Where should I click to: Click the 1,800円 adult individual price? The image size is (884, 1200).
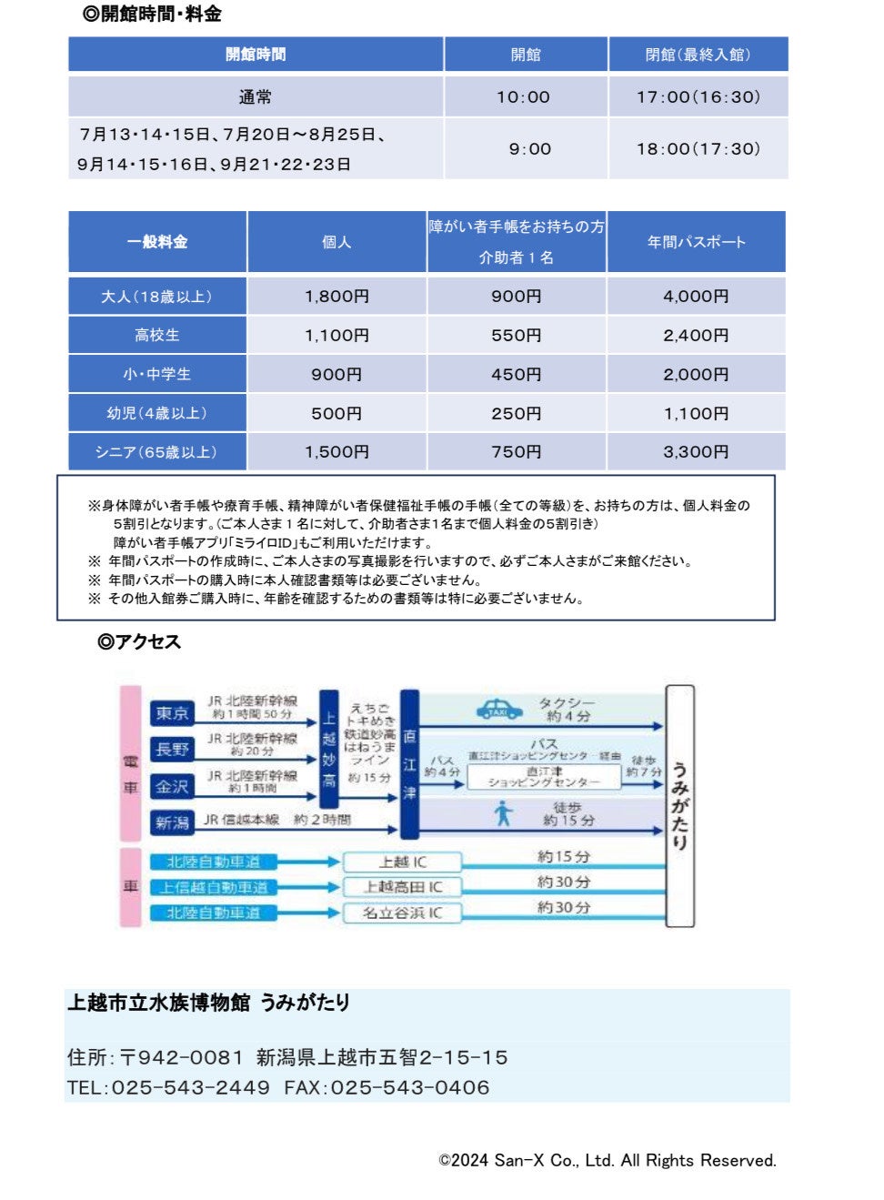(x=337, y=297)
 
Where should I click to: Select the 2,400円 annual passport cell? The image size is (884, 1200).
(x=696, y=336)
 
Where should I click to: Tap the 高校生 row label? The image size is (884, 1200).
(x=157, y=336)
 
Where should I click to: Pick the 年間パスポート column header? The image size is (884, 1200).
(x=696, y=242)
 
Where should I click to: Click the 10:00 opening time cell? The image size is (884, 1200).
(x=523, y=97)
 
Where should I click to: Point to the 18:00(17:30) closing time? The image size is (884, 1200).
(x=698, y=149)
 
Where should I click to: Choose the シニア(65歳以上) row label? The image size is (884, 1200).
(x=157, y=452)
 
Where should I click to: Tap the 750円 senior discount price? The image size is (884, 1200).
(x=516, y=452)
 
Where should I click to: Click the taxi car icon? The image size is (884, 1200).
(x=499, y=709)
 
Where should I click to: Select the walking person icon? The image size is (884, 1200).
(x=504, y=813)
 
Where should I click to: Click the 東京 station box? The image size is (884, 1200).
(x=172, y=713)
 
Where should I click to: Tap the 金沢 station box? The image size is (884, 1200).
(x=172, y=787)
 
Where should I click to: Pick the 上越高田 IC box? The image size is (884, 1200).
(x=402, y=887)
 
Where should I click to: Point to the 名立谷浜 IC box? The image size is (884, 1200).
(x=402, y=913)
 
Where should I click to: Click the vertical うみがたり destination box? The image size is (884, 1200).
(x=680, y=806)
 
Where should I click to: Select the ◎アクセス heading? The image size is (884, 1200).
(x=139, y=642)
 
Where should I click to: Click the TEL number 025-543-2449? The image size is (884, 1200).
(x=190, y=1088)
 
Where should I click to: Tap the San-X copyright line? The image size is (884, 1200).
(x=608, y=1161)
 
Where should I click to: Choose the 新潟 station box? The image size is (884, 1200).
(x=172, y=822)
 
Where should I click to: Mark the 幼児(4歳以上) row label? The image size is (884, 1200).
(x=157, y=414)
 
